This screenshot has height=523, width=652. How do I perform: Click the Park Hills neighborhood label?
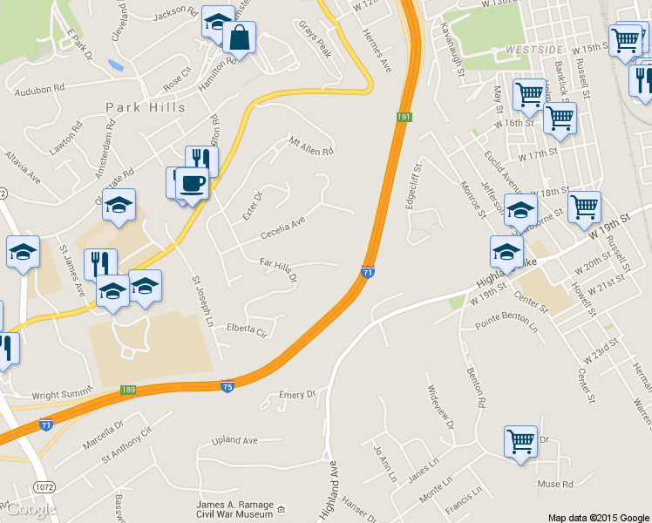[x=146, y=107]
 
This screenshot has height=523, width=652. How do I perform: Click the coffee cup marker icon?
[x=192, y=184]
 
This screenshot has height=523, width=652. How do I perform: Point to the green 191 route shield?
[x=403, y=117]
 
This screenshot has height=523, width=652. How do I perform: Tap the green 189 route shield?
[x=128, y=389]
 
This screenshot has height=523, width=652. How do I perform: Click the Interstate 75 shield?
[x=227, y=385]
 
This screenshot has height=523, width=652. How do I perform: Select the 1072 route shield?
[x=45, y=484]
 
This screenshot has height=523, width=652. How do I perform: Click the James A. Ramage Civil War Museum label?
[x=236, y=507]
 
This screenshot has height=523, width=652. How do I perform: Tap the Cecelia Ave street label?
[x=283, y=229]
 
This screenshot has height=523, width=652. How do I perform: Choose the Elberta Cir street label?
[x=246, y=329]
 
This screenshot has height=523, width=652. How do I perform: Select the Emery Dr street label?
[x=297, y=395]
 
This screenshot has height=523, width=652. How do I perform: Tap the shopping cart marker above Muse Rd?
[x=520, y=440]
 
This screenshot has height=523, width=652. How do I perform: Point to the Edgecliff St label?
[x=412, y=186]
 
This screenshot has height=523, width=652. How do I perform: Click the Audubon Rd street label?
[x=35, y=89]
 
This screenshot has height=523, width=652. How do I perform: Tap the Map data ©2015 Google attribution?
[x=598, y=517]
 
